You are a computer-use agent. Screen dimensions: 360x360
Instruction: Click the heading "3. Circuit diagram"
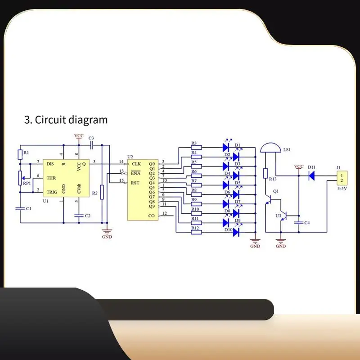pos(66,120)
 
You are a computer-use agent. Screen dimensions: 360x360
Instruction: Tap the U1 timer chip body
pos(63,178)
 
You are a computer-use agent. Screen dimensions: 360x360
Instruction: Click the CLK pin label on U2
pos(136,163)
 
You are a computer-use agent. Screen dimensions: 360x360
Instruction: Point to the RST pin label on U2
pos(135,183)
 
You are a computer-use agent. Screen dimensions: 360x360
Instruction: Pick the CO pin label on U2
pos(152,216)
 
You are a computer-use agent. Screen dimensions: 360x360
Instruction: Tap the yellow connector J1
pos(342,177)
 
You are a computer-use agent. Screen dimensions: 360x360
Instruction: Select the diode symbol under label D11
pos(311,175)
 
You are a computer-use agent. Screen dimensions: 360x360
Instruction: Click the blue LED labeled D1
pos(227,147)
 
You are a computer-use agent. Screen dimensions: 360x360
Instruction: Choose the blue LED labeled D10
pos(236,232)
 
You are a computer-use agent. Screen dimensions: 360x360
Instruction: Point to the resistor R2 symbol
pos(102,192)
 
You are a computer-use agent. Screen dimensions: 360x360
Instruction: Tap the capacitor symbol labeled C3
pos(92,145)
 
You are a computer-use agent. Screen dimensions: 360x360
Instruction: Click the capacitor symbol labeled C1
pos(20,208)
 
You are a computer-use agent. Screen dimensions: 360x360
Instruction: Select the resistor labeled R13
pos(265,173)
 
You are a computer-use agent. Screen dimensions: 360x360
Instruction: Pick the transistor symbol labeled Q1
pos(270,198)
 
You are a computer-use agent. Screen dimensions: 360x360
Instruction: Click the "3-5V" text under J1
pos(343,189)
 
